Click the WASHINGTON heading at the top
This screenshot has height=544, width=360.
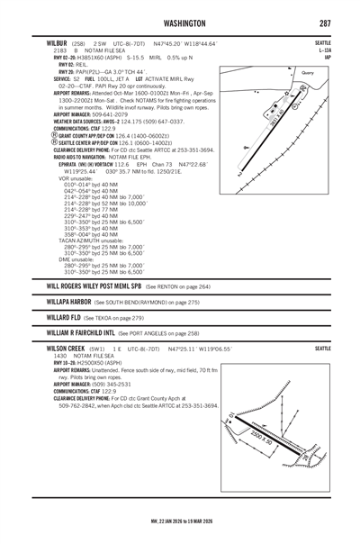[180, 23]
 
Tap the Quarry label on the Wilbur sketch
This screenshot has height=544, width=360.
[305, 73]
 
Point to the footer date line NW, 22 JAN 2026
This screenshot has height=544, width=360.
[180, 521]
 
